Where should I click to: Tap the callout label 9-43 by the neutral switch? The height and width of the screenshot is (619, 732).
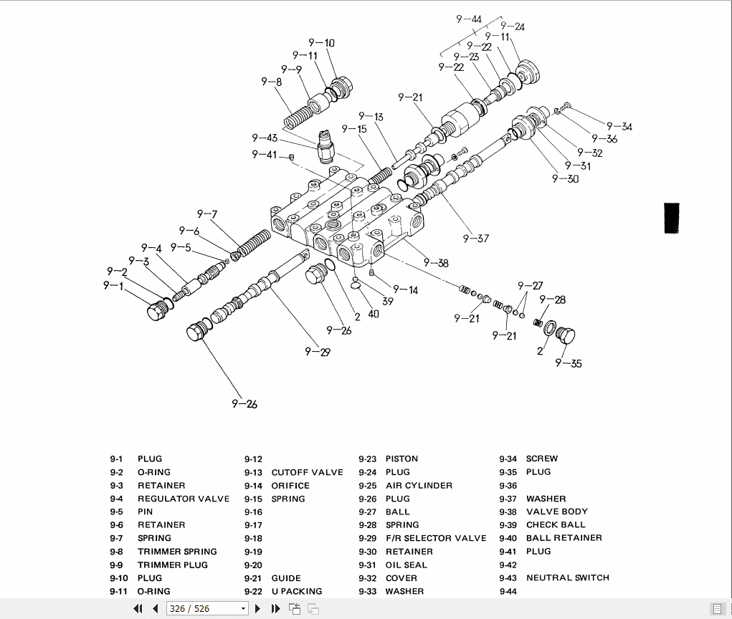point(264,138)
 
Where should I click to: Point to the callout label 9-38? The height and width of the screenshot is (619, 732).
point(436,263)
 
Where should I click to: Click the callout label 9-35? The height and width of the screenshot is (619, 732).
point(569,363)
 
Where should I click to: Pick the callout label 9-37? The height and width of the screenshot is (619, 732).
point(475,239)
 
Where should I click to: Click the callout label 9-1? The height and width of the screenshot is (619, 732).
point(113,286)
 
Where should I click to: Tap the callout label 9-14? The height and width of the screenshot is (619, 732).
point(405,290)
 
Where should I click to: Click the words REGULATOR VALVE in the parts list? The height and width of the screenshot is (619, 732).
point(184,499)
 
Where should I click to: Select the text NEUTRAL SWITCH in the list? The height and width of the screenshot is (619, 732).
point(567,577)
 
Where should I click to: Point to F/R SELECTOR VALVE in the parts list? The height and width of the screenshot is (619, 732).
point(435,538)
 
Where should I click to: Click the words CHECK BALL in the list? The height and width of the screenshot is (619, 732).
point(556,525)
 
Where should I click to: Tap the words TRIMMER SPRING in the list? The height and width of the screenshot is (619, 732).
point(177,552)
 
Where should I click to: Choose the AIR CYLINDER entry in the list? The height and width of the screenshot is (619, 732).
point(419,486)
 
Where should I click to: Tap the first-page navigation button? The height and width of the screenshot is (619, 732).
point(138,609)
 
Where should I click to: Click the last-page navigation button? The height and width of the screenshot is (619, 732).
point(275,609)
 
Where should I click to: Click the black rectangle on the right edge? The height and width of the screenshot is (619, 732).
point(672,218)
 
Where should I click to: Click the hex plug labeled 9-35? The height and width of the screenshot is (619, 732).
point(566,336)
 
